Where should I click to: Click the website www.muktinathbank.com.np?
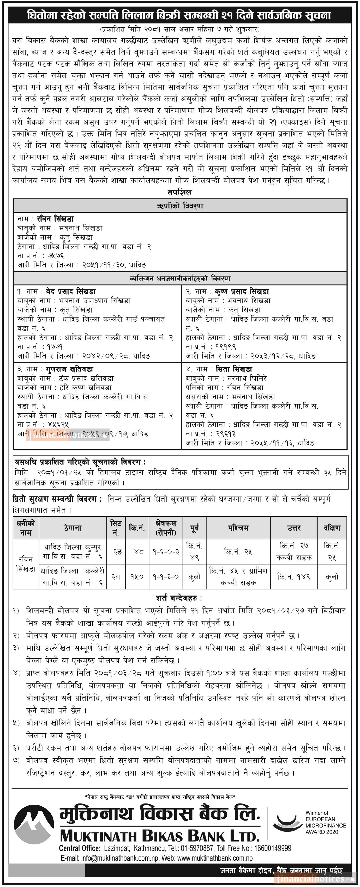tap(215, 858)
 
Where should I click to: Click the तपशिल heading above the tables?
tap(180, 192)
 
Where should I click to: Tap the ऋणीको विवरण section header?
tap(180, 206)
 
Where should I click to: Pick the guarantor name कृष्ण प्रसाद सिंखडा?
tap(242, 291)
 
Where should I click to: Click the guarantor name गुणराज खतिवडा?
tap(70, 369)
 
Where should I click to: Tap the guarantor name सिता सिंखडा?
tap(234, 369)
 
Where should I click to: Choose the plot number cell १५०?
tap(137, 576)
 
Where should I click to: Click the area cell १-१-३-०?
tap(166, 576)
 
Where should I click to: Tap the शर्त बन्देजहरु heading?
tap(179, 598)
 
